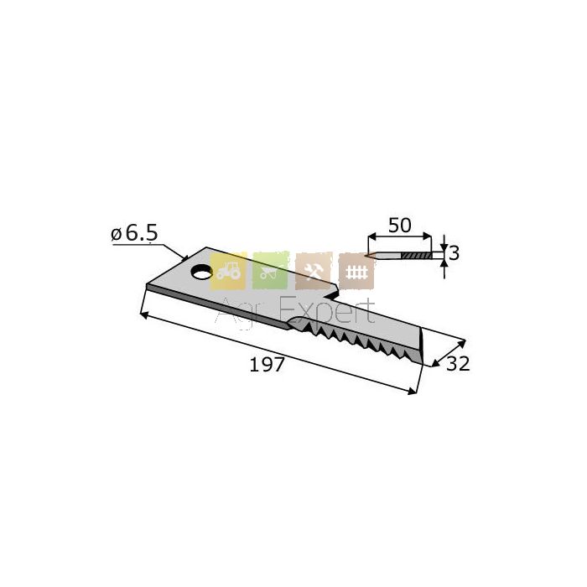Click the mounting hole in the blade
(201, 272)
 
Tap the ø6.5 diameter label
(134, 234)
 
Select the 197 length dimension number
(267, 365)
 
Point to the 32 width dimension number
(458, 363)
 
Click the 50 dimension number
(399, 226)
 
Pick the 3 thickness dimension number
(455, 254)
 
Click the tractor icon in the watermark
(228, 271)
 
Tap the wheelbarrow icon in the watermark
(270, 271)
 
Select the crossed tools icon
(314, 271)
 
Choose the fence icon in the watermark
(356, 271)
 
